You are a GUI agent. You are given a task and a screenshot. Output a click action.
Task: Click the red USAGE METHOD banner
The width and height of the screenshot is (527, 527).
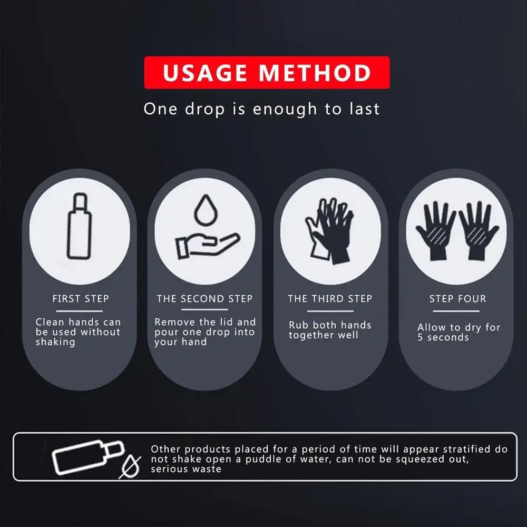point(267,73)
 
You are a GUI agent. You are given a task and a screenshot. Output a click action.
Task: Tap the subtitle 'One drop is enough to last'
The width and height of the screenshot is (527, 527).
point(261,110)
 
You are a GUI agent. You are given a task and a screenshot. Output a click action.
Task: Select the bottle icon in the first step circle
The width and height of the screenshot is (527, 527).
point(80,227)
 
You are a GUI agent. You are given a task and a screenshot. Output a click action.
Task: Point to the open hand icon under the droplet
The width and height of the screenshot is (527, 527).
point(207,245)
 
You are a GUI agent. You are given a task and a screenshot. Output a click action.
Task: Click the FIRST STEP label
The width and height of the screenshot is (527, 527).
point(81,299)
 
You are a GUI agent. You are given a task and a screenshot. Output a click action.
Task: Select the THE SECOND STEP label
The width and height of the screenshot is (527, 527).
point(204,299)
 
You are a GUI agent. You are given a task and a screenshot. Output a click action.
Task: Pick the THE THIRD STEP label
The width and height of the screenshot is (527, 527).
point(330,299)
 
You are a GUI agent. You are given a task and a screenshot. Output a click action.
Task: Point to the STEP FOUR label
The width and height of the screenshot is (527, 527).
point(457,299)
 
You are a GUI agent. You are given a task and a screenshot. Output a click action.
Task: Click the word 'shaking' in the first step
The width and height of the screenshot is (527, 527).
point(55,342)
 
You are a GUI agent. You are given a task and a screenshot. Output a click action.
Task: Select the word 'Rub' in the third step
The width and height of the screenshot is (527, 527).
point(298,325)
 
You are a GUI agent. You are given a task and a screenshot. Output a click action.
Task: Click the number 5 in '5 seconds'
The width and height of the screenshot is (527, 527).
point(421,338)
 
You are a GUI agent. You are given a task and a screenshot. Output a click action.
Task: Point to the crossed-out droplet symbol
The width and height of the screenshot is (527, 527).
point(130,466)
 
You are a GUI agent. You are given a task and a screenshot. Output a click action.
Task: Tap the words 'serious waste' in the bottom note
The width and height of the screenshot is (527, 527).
point(186,469)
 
